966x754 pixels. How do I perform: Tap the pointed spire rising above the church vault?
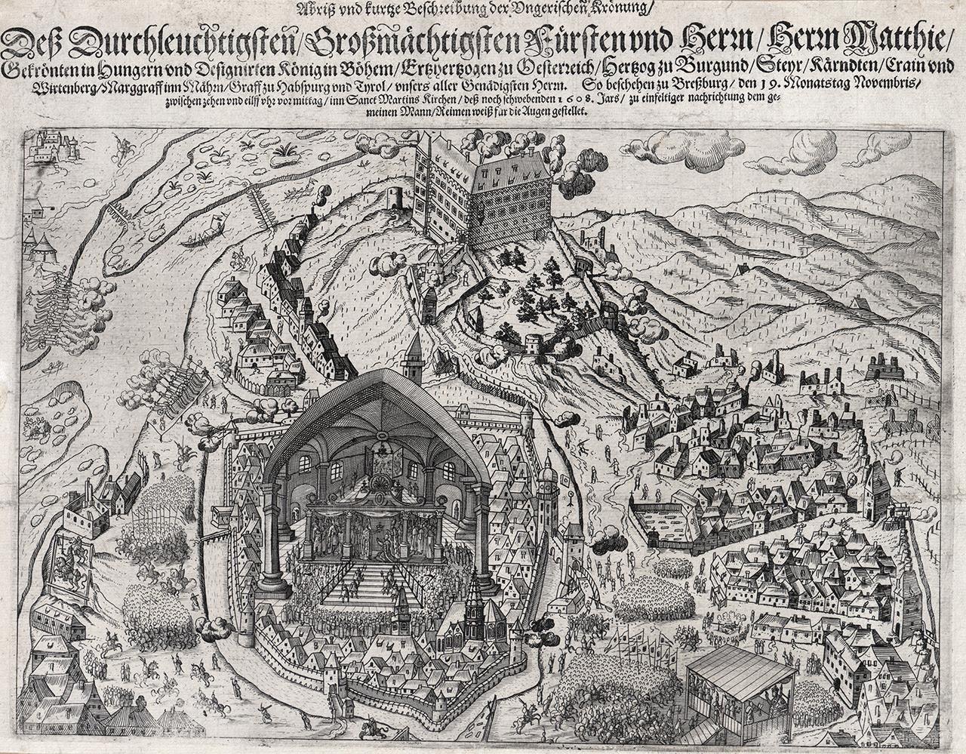click(414, 355)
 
